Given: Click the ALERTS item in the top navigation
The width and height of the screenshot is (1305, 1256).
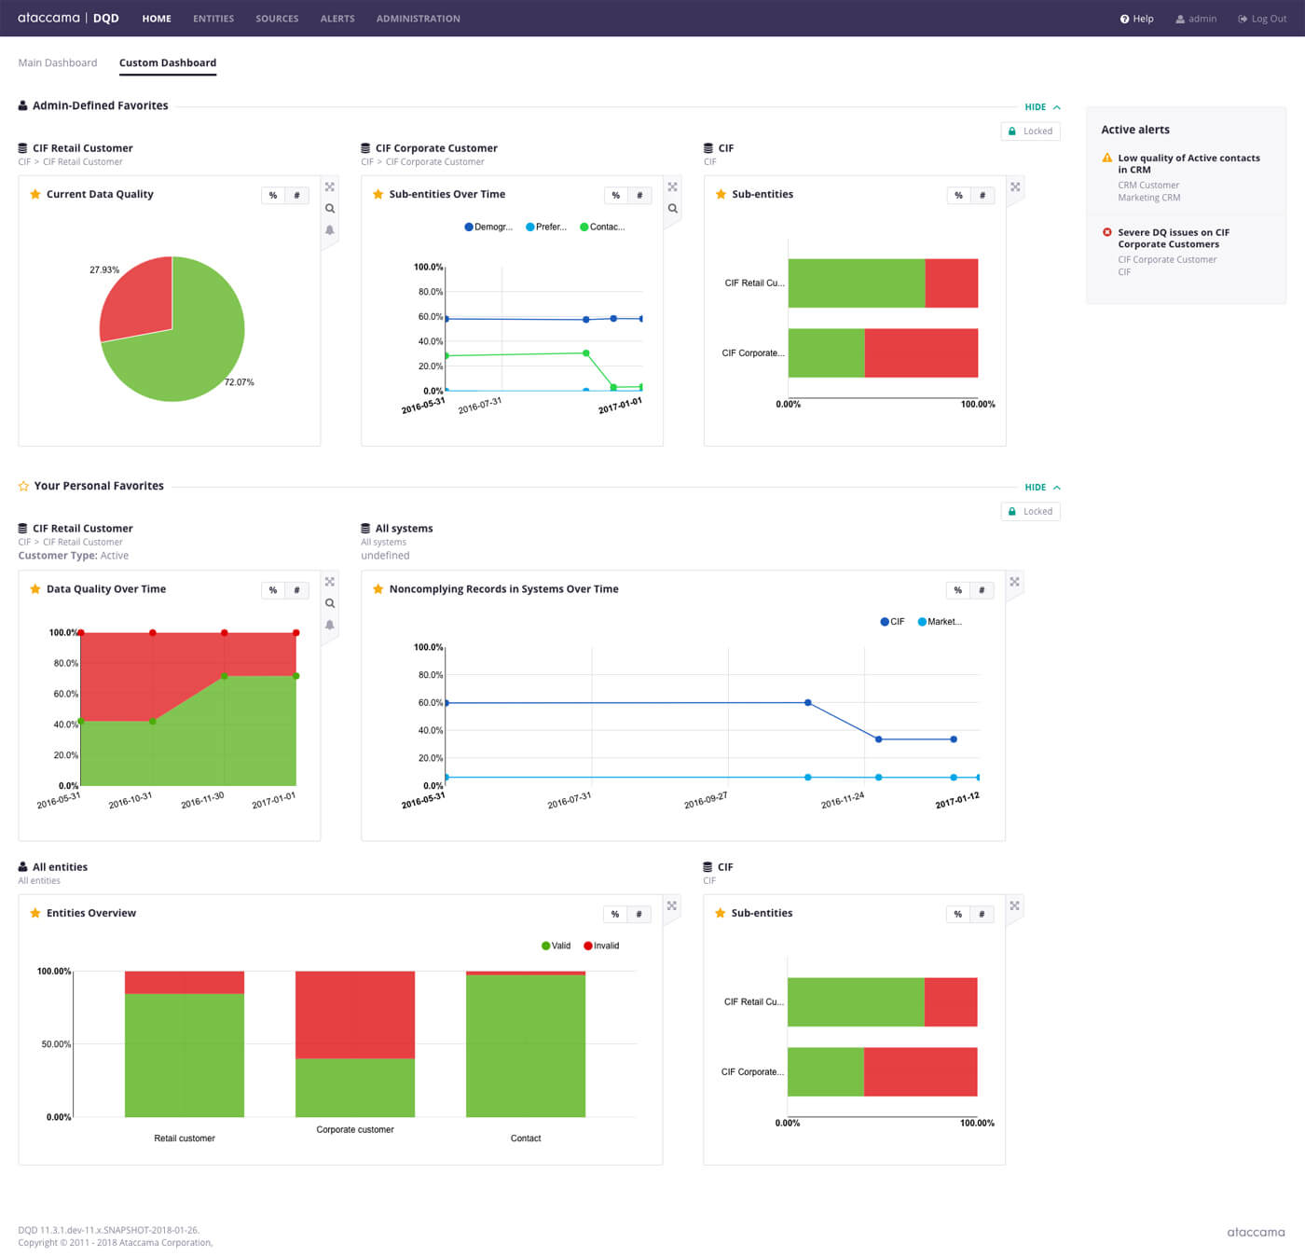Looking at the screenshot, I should click(337, 19).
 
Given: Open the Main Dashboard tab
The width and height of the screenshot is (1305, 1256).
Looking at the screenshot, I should click(58, 63).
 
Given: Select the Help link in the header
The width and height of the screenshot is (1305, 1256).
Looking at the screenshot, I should click(1137, 19).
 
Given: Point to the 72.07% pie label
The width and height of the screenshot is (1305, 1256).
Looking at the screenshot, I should click(239, 382).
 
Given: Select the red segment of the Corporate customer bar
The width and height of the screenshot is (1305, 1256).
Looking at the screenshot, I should click(355, 1014).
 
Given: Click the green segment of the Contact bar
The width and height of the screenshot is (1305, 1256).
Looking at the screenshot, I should click(526, 1044).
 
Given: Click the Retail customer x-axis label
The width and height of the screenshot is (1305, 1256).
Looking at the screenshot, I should click(185, 1139).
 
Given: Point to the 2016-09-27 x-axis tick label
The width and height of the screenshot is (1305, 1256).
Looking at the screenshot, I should click(706, 801).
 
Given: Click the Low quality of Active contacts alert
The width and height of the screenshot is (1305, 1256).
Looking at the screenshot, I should click(1188, 164).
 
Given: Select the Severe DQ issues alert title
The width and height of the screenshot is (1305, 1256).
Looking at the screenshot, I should click(1174, 239).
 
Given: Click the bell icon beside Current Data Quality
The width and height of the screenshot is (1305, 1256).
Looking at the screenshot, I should click(330, 230).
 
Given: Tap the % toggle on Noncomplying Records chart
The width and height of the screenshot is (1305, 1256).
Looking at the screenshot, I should click(958, 590).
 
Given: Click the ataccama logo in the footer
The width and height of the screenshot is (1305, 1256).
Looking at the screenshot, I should click(1256, 1233).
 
